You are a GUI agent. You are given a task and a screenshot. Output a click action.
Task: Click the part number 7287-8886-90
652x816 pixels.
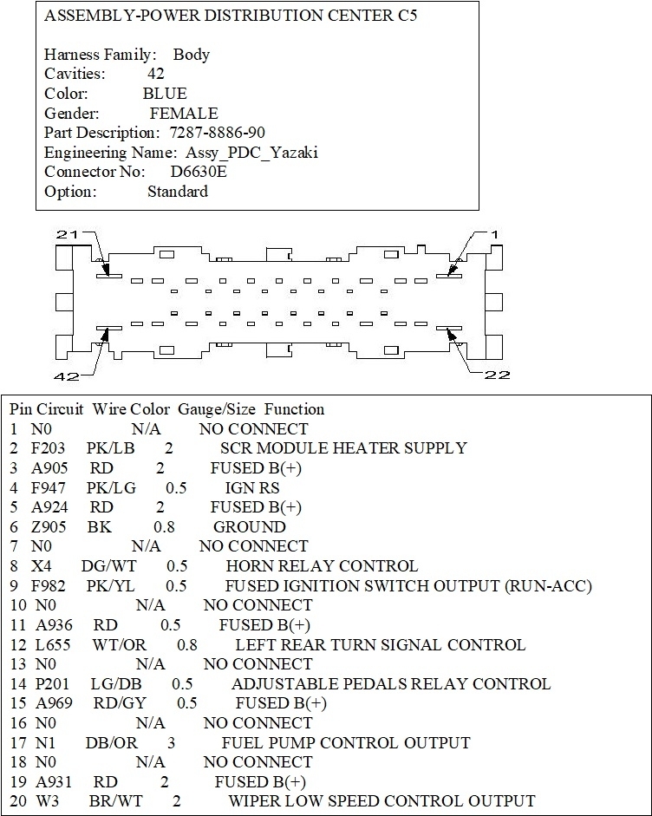218,133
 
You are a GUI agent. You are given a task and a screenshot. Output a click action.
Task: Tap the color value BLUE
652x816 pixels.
165,94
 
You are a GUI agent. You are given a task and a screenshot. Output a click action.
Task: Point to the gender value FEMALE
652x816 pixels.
183,114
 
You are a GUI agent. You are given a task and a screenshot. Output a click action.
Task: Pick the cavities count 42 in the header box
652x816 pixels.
155,74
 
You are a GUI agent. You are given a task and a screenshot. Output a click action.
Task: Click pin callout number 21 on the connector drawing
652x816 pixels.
67,234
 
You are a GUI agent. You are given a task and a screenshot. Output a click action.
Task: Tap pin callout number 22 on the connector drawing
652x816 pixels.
498,375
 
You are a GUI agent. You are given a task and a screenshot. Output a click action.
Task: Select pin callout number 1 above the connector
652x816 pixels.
494,234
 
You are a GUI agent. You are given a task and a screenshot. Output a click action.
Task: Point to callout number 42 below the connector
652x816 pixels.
66,375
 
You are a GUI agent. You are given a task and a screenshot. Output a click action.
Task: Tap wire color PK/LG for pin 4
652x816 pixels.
111,488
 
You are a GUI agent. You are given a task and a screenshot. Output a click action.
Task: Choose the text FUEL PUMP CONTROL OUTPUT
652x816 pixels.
346,742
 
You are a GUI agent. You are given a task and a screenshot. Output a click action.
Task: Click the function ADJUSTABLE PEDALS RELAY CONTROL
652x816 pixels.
390,684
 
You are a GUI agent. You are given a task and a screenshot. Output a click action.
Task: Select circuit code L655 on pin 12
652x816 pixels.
53,645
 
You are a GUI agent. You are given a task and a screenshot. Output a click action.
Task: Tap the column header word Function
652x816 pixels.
294,409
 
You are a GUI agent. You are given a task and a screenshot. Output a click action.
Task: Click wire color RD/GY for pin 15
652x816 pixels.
114,703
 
